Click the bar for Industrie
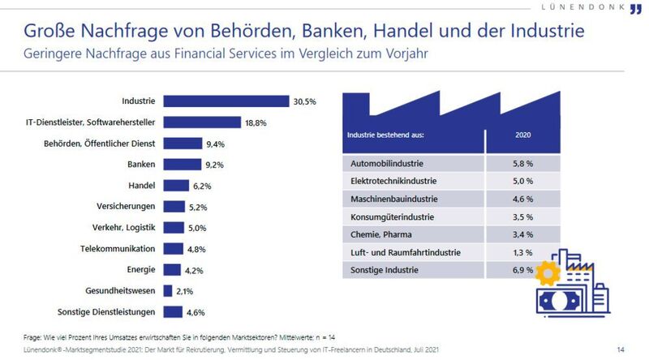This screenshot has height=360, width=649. point(226,101)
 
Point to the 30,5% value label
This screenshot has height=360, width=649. point(305,101)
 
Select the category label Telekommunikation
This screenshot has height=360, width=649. point(118,248)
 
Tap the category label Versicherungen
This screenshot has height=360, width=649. point(127,206)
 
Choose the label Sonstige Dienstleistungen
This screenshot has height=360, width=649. point(106,311)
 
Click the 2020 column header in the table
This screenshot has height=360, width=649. point(522,135)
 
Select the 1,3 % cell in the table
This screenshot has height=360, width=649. point(522,253)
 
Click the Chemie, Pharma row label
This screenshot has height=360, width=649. point(378,235)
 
